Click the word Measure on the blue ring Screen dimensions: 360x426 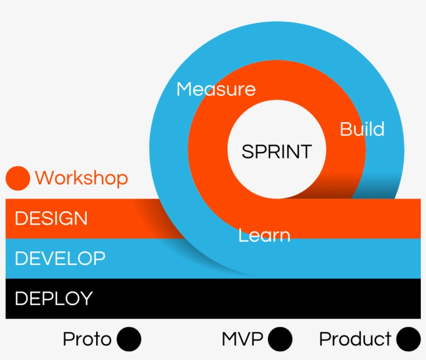click(x=216, y=89)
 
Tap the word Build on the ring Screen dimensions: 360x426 click(x=362, y=129)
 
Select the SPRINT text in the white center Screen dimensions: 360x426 click(x=276, y=152)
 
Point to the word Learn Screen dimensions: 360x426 click(x=264, y=235)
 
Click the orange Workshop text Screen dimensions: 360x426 click(x=82, y=178)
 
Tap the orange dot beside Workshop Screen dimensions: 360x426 click(x=18, y=178)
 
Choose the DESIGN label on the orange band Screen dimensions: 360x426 click(x=51, y=218)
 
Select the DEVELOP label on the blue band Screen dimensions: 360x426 click(x=60, y=258)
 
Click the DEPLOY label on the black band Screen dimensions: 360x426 click(x=54, y=298)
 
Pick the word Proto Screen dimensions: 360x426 click(x=87, y=339)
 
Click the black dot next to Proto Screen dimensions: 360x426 click(x=129, y=339)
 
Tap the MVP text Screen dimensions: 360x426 click(x=242, y=339)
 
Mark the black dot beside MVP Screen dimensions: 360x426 click(x=281, y=339)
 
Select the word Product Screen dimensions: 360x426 click(x=355, y=339)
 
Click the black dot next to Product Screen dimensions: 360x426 click(x=408, y=339)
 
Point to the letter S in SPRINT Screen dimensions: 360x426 click(x=247, y=152)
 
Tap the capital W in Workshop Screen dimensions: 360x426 click(x=43, y=178)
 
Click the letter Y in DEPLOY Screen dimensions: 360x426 click(x=86, y=298)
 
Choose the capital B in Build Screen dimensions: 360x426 click(x=345, y=129)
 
